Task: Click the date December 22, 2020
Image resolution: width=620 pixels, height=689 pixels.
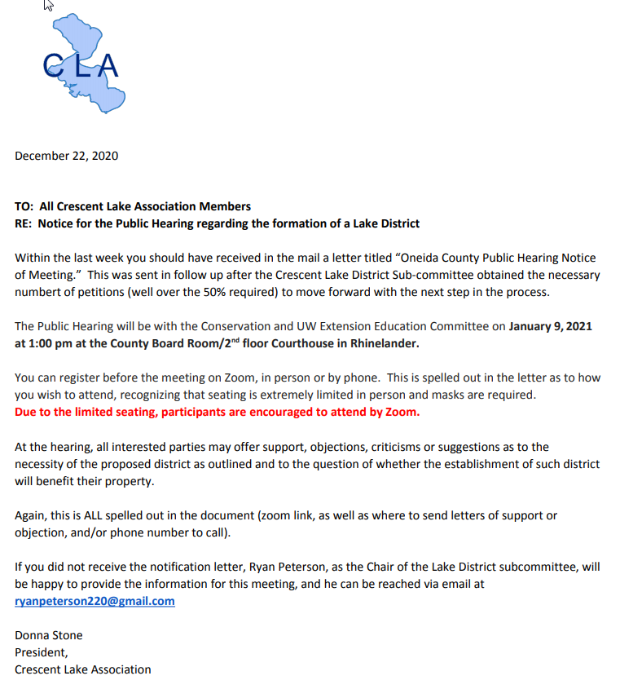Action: (66, 156)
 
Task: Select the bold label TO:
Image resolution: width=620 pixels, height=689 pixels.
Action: (24, 206)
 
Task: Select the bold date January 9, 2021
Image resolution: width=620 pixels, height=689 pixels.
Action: (550, 327)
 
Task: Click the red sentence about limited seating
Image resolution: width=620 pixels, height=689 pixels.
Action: (217, 412)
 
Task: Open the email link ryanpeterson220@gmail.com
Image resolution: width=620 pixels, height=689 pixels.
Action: (95, 601)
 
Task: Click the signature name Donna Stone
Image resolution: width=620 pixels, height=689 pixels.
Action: (49, 635)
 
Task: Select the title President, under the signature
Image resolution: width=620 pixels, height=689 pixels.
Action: (42, 652)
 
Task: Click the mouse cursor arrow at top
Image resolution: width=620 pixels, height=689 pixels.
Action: (48, 6)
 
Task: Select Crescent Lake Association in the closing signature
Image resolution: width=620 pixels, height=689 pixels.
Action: (83, 669)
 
